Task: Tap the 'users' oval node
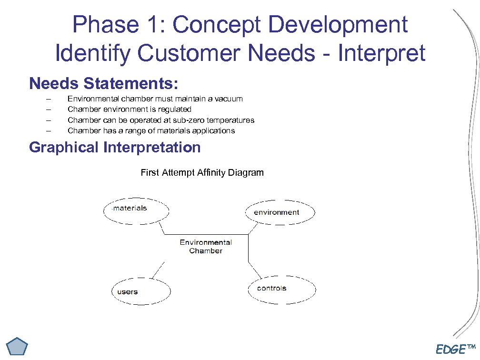click(x=141, y=291)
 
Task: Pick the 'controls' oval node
click(x=281, y=289)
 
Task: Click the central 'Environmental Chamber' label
click(x=206, y=247)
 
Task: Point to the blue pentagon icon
click(x=18, y=346)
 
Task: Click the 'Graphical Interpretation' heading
click(x=115, y=147)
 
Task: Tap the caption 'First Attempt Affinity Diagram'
click(x=202, y=172)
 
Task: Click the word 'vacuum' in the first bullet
click(x=229, y=99)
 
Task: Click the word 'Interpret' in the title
click(x=381, y=53)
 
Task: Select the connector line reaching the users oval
click(x=158, y=270)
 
